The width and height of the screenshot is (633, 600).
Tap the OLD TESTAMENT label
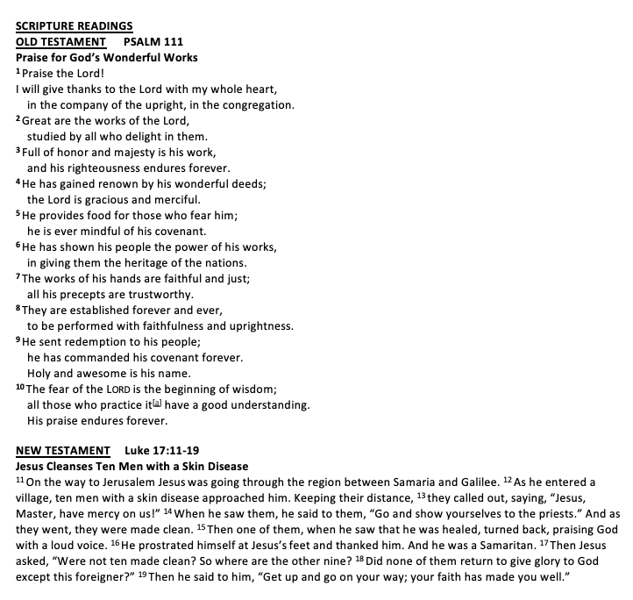60,42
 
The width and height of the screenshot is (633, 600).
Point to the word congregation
254,105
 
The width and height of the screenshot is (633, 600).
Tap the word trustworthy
149,294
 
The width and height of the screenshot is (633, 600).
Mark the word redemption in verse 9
94,341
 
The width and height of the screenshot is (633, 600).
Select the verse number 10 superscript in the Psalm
21,387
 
